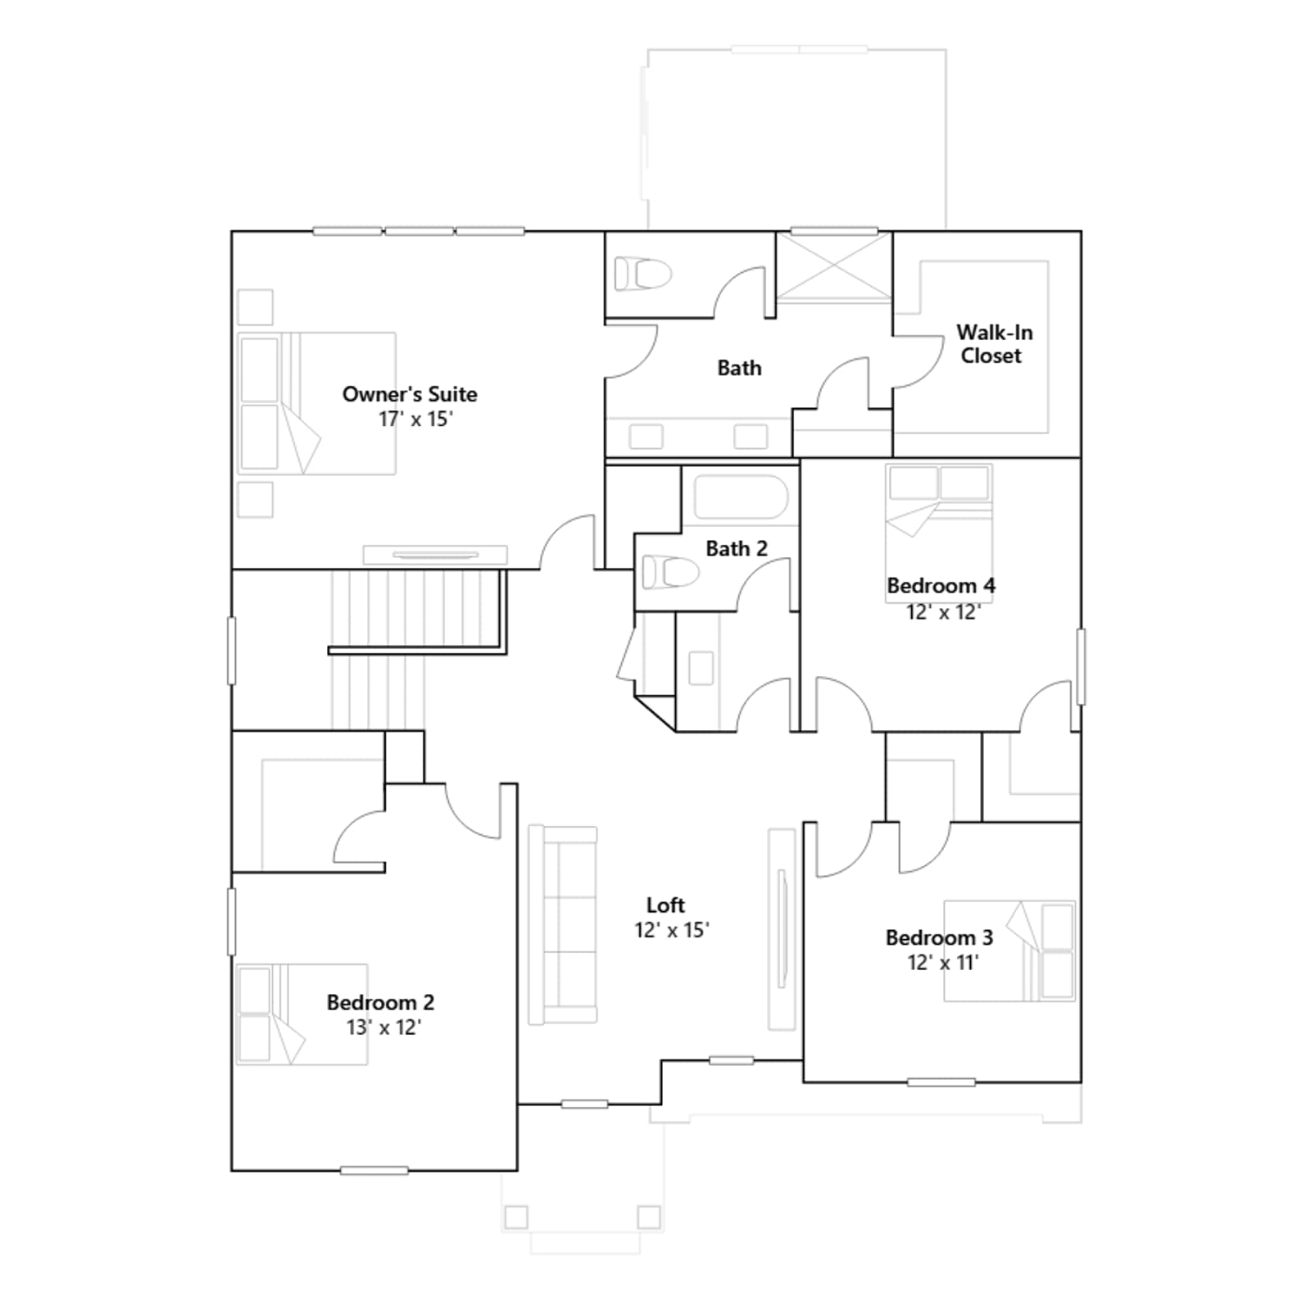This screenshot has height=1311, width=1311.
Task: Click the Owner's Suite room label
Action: click(x=410, y=394)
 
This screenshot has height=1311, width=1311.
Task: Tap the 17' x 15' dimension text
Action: click(x=415, y=420)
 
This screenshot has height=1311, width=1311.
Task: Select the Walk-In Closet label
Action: click(x=993, y=344)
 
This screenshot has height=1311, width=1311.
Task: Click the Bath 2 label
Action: click(x=737, y=548)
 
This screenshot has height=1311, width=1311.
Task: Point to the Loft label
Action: click(x=665, y=905)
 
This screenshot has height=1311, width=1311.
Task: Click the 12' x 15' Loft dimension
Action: click(x=671, y=931)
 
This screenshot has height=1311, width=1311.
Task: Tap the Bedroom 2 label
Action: click(x=380, y=1002)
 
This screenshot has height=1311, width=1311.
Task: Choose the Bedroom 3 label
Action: click(x=939, y=937)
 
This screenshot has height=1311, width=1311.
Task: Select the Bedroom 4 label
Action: click(x=941, y=586)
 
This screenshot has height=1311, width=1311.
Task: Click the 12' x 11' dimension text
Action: click(x=943, y=963)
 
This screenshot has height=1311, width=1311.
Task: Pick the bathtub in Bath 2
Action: click(x=741, y=497)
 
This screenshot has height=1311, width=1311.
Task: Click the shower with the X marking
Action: click(x=833, y=267)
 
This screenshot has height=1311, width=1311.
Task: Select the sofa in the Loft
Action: click(x=563, y=925)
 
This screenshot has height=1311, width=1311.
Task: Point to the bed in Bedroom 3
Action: click(x=1009, y=951)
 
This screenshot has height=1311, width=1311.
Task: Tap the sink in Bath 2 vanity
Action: click(x=701, y=669)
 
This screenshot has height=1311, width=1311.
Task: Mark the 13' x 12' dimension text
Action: click(x=383, y=1027)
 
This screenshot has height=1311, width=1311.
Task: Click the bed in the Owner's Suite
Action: click(x=317, y=403)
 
